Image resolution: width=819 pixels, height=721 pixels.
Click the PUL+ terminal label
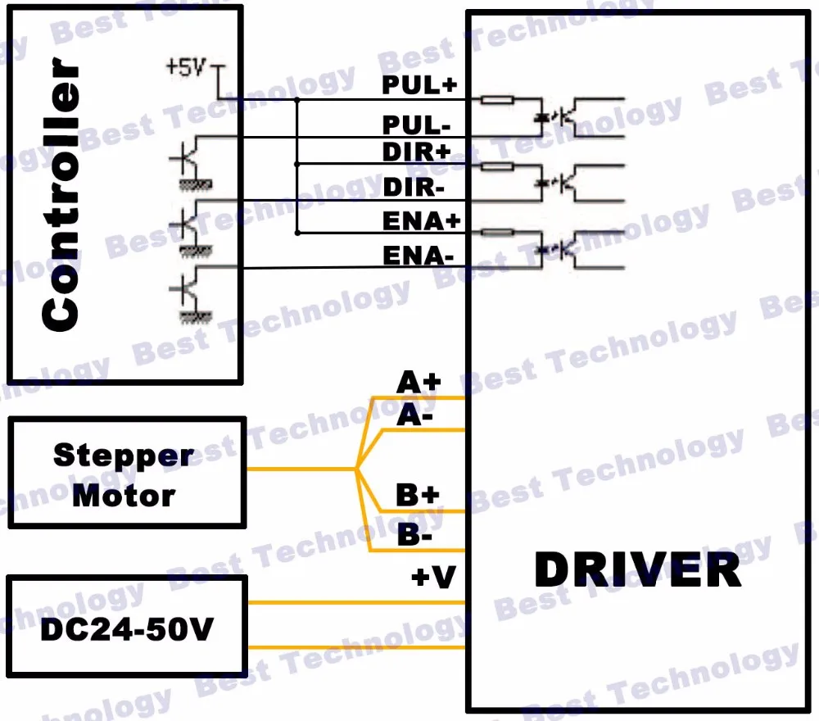[419, 84]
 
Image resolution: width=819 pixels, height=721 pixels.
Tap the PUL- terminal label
[416, 125]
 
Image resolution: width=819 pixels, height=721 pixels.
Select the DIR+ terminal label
[416, 152]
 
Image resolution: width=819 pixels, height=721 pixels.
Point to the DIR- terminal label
[414, 187]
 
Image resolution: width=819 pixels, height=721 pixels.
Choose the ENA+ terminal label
[422, 221]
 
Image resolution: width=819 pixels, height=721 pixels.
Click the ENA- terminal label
[419, 256]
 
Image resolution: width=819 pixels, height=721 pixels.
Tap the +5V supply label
[186, 67]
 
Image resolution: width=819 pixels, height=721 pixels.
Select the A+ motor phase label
[419, 382]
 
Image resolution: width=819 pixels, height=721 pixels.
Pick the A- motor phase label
[414, 416]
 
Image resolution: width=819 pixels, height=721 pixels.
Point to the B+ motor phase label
[418, 495]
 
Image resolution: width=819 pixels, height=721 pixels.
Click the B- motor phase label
[414, 534]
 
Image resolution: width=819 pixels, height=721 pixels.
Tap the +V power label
[433, 577]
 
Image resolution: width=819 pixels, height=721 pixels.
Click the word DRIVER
[638, 569]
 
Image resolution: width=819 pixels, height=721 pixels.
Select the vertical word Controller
[61, 194]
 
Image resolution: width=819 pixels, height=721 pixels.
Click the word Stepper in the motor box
[124, 456]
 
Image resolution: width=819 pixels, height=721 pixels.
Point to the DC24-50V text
[127, 629]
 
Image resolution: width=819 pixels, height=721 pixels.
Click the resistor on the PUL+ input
[497, 100]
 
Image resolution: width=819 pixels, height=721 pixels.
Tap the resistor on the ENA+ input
[497, 233]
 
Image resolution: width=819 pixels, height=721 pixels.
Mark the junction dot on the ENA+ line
[297, 233]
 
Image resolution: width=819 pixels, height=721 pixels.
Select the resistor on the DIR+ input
[497, 166]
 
